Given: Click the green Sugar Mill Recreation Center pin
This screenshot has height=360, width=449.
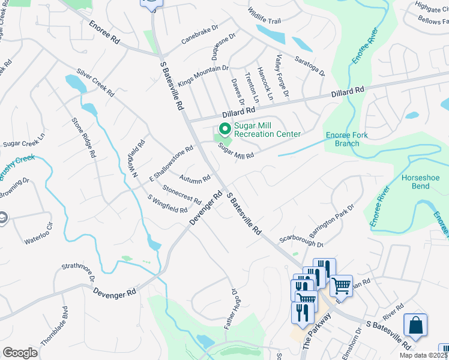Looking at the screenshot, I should [x=224, y=129].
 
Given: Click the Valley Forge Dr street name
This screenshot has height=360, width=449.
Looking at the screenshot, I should [x=282, y=76].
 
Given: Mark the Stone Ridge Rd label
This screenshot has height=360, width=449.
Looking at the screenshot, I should [x=84, y=137].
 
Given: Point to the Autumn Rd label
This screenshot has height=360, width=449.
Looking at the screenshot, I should [x=195, y=178].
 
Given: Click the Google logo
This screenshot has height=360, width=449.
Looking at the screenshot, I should [x=20, y=353].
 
